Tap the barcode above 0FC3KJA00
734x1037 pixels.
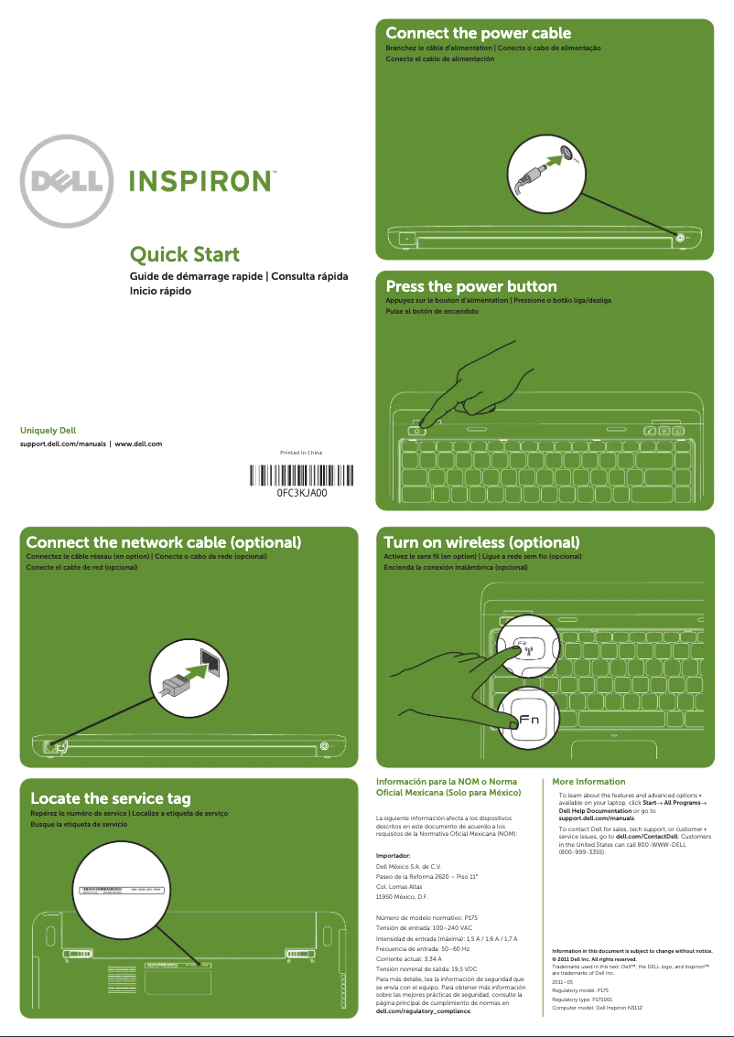click(x=301, y=476)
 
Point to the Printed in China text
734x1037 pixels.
click(x=301, y=453)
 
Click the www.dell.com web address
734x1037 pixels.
click(x=138, y=444)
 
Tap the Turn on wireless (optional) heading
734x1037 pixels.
click(x=481, y=542)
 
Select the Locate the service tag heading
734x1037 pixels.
click(x=111, y=799)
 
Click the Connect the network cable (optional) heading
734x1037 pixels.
click(x=164, y=542)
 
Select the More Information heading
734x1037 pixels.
click(x=588, y=782)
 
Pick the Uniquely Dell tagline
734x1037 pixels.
click(x=48, y=429)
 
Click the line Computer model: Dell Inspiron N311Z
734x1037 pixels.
click(x=598, y=1007)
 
